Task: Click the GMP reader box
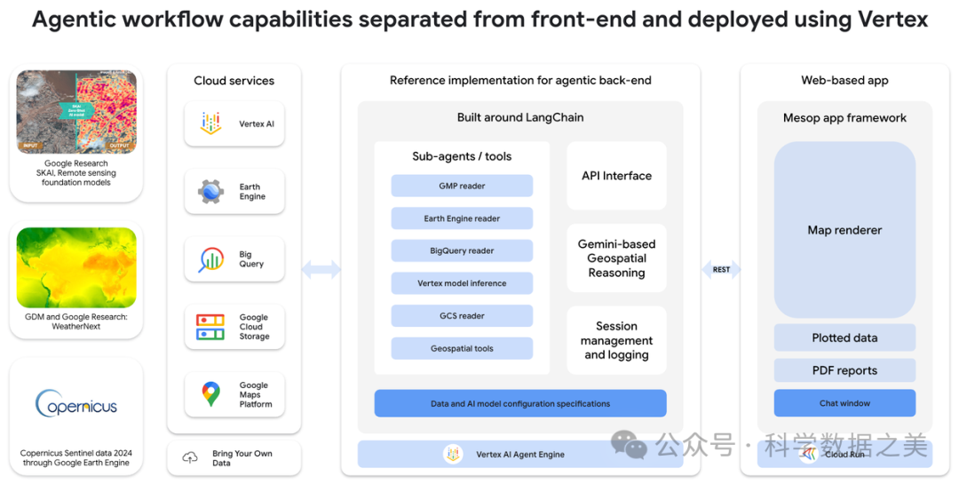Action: tap(462, 186)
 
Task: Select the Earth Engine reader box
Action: tap(462, 218)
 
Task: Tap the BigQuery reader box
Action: tap(462, 250)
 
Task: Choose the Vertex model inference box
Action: tap(462, 283)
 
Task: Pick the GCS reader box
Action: tap(462, 315)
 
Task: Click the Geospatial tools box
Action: tap(462, 348)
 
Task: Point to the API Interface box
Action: tap(616, 176)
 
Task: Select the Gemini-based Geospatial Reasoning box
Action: tap(616, 258)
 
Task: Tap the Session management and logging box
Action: tap(616, 340)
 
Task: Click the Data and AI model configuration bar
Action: tap(520, 403)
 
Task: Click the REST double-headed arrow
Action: tap(721, 269)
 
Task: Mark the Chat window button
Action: tap(844, 403)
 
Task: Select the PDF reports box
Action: tap(844, 370)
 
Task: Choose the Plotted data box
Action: tap(844, 337)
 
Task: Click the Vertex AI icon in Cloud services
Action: tap(211, 123)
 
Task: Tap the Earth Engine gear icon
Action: tap(211, 192)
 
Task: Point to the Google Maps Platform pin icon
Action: tap(210, 394)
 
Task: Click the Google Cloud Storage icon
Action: tap(210, 327)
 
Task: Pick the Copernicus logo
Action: tap(76, 405)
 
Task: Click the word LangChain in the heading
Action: tap(554, 117)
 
